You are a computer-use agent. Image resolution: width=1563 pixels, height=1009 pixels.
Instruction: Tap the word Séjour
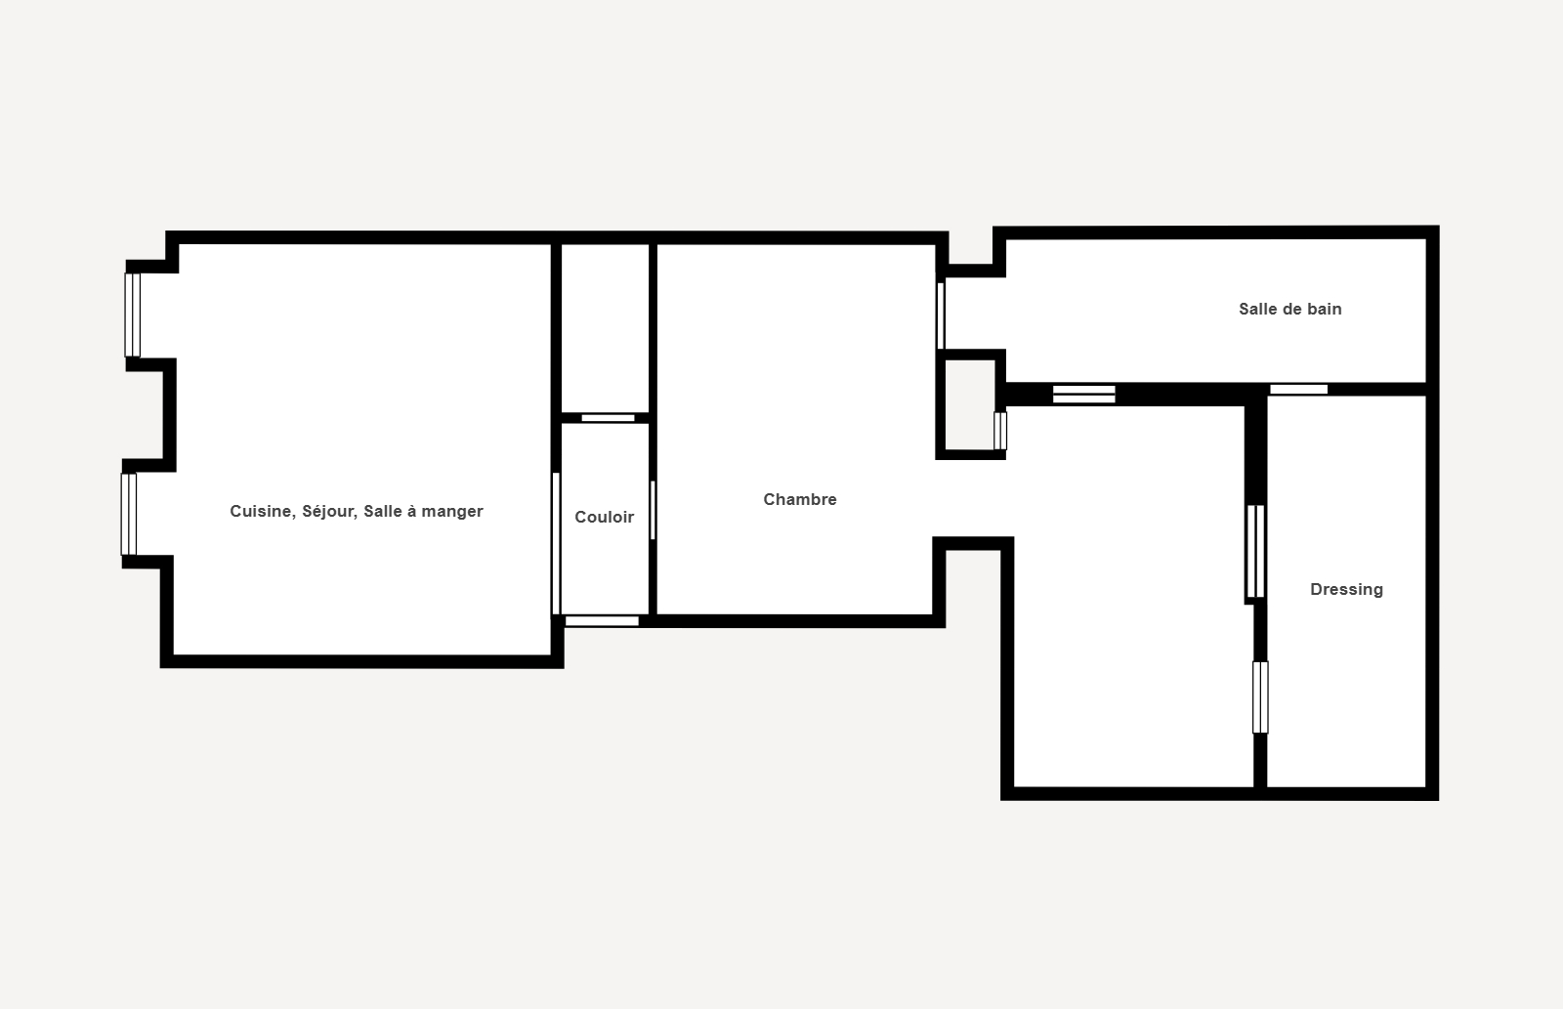[329, 512]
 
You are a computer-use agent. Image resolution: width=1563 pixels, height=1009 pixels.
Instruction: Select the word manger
[452, 512]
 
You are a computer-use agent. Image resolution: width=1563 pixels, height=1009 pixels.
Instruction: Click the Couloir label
[605, 517]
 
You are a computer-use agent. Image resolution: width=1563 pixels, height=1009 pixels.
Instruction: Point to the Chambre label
[800, 499]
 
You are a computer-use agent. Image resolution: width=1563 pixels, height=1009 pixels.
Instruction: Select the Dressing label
[1347, 590]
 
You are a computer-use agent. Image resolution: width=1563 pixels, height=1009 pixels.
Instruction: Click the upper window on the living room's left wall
[133, 315]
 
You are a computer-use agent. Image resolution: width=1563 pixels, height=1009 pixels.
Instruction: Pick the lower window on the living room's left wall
[128, 515]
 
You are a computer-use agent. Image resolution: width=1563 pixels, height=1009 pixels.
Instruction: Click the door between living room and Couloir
[556, 544]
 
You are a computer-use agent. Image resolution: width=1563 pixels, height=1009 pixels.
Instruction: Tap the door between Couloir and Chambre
[653, 510]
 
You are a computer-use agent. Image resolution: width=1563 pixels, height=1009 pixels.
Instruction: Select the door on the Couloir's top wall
[608, 418]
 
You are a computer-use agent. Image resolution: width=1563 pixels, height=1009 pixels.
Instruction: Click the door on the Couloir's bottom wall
[602, 621]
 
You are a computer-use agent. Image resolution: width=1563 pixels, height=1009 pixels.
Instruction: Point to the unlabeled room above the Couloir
[605, 328]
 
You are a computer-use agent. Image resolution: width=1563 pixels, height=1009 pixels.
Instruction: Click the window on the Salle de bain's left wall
[941, 315]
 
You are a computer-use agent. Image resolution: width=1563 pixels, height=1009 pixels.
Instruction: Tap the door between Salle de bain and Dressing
[1298, 390]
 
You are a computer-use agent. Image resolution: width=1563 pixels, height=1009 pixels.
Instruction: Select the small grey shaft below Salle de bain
[970, 404]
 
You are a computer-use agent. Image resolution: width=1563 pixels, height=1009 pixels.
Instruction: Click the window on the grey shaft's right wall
[1000, 431]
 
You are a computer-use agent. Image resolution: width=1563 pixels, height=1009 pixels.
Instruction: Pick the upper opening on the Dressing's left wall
[1255, 551]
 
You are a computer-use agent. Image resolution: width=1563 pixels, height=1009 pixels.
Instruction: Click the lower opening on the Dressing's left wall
[1260, 697]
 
